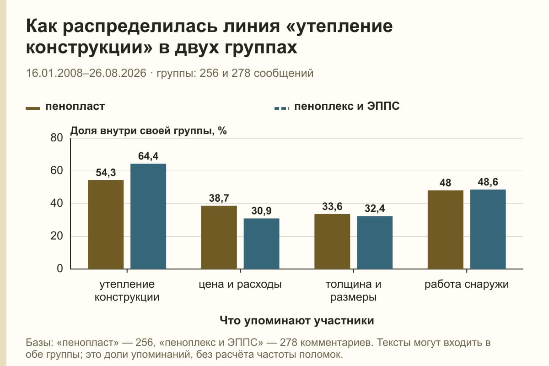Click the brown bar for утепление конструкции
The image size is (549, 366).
click(106, 225)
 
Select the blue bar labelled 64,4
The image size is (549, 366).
click(148, 216)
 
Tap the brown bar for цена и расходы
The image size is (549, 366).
click(219, 237)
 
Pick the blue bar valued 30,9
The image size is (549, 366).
click(262, 244)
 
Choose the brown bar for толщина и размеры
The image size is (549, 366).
click(332, 242)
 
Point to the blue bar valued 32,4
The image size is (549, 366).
click(375, 242)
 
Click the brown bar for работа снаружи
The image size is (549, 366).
click(446, 230)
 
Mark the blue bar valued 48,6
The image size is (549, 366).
click(488, 229)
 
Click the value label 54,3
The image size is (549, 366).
click(106, 172)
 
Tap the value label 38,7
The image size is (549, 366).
click(219, 198)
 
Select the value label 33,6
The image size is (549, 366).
click(332, 206)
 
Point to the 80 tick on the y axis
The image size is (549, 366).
click(57, 138)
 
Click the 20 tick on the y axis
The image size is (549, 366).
click(57, 236)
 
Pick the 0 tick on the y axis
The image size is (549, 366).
click(60, 269)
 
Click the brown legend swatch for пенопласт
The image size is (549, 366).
click(32, 108)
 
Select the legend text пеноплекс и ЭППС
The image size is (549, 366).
click(347, 107)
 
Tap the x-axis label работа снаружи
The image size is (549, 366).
click(467, 285)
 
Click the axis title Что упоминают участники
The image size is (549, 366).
click(297, 320)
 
